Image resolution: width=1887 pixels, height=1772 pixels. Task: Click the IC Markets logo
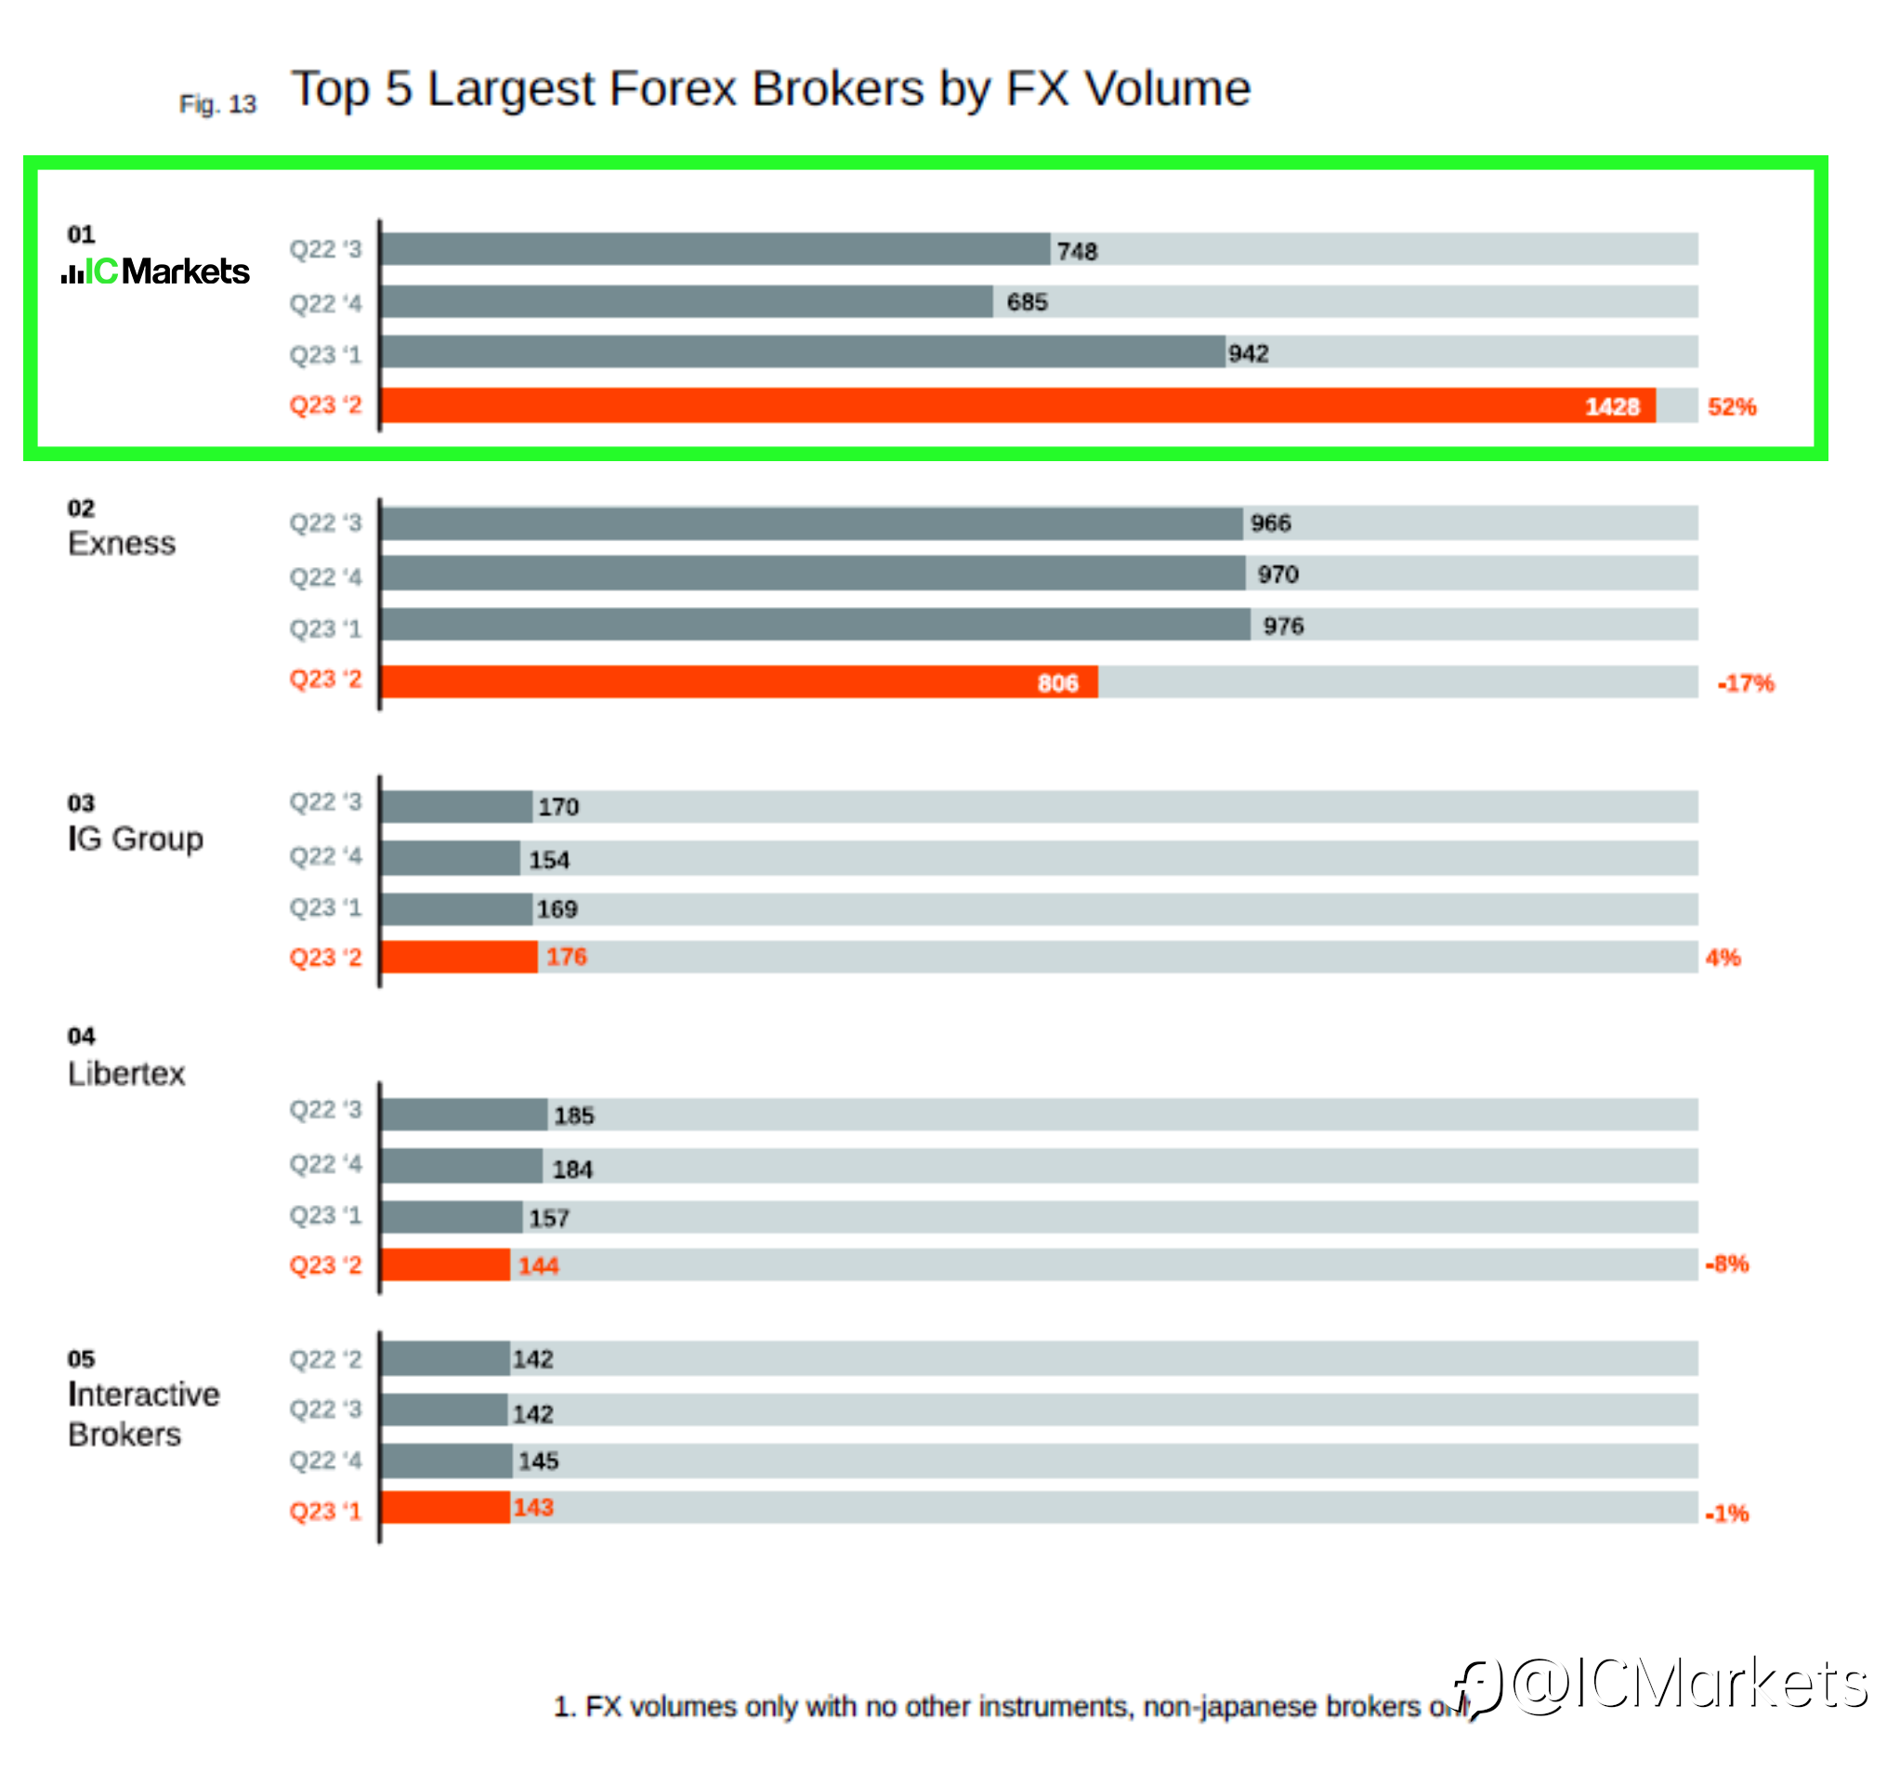point(157,271)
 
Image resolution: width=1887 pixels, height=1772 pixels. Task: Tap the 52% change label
point(1731,406)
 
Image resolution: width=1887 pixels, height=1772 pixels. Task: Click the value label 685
point(1027,302)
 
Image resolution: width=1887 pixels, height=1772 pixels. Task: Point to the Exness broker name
point(122,543)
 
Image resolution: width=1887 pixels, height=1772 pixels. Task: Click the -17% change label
point(1746,682)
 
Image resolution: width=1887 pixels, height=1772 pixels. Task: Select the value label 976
point(1283,626)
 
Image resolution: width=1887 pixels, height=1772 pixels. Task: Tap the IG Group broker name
point(136,839)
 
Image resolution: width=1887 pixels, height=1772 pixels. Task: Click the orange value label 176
point(567,957)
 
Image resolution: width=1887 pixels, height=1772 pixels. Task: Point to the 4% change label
point(1723,958)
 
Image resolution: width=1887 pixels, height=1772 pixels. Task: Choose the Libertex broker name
point(126,1073)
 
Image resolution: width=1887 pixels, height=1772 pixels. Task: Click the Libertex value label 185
point(574,1115)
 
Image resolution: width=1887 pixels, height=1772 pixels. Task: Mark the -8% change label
point(1726,1264)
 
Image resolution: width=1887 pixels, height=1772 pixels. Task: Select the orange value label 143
point(533,1507)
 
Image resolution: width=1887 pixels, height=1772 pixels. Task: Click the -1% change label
point(1726,1514)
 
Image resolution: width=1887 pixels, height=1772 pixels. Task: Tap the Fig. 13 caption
point(217,104)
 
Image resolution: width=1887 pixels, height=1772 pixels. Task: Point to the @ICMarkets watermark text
point(1690,1686)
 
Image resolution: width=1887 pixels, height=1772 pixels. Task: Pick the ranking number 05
point(81,1359)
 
